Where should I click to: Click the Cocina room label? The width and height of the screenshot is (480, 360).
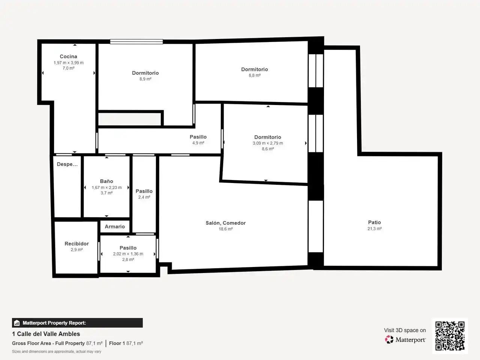[68, 56]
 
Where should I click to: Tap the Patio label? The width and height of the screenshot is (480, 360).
[374, 222]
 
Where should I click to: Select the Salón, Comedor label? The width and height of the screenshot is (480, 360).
[225, 223]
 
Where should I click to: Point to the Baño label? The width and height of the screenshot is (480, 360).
[106, 181]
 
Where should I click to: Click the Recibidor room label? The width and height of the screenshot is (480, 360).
[76, 243]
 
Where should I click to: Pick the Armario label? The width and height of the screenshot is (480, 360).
[115, 226]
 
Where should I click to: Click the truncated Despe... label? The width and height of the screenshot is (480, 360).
[67, 164]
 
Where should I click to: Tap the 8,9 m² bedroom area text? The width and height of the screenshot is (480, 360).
[145, 79]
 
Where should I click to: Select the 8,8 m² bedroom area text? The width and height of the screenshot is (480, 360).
[255, 75]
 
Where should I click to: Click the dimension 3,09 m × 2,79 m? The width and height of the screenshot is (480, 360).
[268, 143]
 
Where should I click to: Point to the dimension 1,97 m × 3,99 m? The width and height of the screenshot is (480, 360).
[69, 63]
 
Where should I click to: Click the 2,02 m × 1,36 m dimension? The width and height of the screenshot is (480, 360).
[128, 254]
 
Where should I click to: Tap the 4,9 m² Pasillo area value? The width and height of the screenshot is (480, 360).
[198, 143]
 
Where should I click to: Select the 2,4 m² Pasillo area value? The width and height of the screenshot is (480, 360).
[144, 197]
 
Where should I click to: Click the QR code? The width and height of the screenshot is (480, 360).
[450, 336]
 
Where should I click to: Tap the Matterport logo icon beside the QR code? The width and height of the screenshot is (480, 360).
[389, 339]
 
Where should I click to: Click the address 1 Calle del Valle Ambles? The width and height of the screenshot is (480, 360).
[46, 334]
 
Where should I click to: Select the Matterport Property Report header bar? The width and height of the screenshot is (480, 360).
[77, 322]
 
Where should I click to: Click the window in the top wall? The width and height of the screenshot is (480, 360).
[136, 42]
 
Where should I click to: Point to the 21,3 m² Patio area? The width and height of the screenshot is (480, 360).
[374, 229]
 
